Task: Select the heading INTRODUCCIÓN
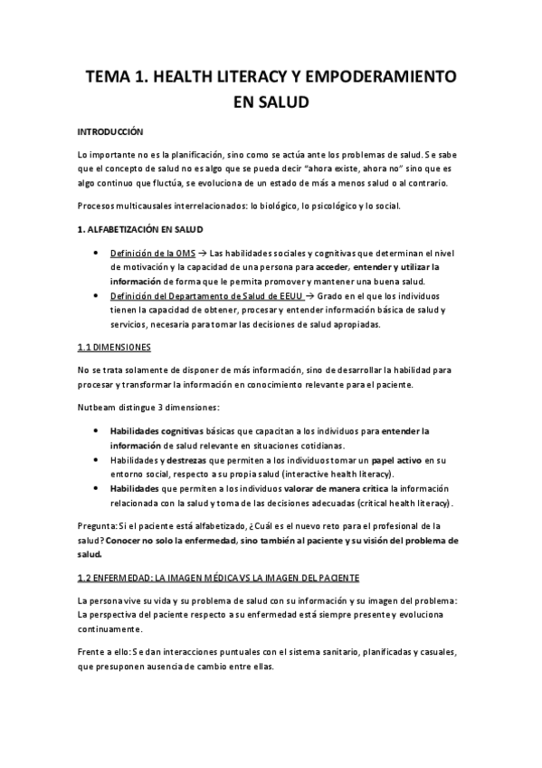(x=110, y=132)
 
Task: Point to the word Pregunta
(x=98, y=526)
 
